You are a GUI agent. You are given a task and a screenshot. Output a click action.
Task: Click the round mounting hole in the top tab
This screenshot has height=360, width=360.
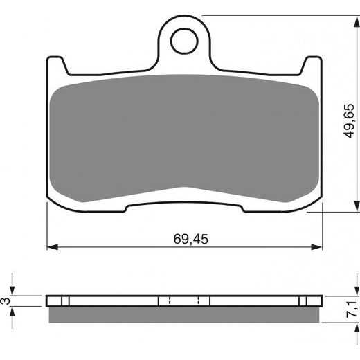(x=183, y=41)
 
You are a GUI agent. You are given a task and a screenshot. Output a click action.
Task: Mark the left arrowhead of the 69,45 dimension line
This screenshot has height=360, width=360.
(x=51, y=246)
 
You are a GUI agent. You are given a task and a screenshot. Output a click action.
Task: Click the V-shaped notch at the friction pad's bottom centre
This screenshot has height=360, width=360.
(x=183, y=188)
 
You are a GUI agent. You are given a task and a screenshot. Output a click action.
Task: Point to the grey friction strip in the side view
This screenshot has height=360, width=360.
(x=183, y=314)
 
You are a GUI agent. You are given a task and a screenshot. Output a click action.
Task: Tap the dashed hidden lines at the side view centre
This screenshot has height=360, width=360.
(x=184, y=301)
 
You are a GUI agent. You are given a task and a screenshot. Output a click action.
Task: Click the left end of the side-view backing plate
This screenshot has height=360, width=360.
(x=48, y=301)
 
